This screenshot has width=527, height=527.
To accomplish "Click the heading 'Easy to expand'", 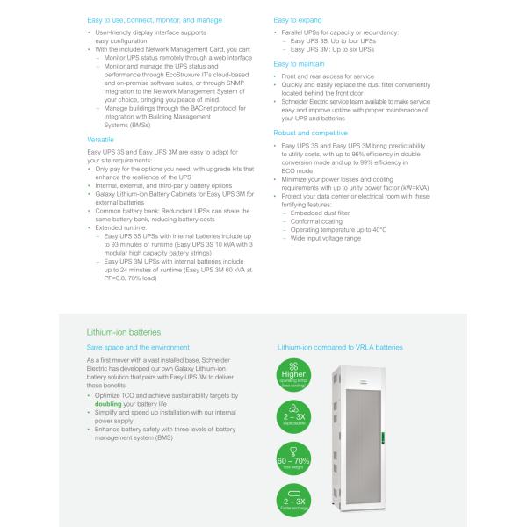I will pos(298,18).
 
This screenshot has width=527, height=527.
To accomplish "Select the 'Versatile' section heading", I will pos(100,140).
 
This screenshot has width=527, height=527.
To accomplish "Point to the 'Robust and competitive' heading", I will pos(309,133).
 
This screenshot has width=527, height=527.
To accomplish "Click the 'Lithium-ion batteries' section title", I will pos(124,333).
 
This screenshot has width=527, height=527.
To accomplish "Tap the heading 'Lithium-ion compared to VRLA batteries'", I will pos(340,348).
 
